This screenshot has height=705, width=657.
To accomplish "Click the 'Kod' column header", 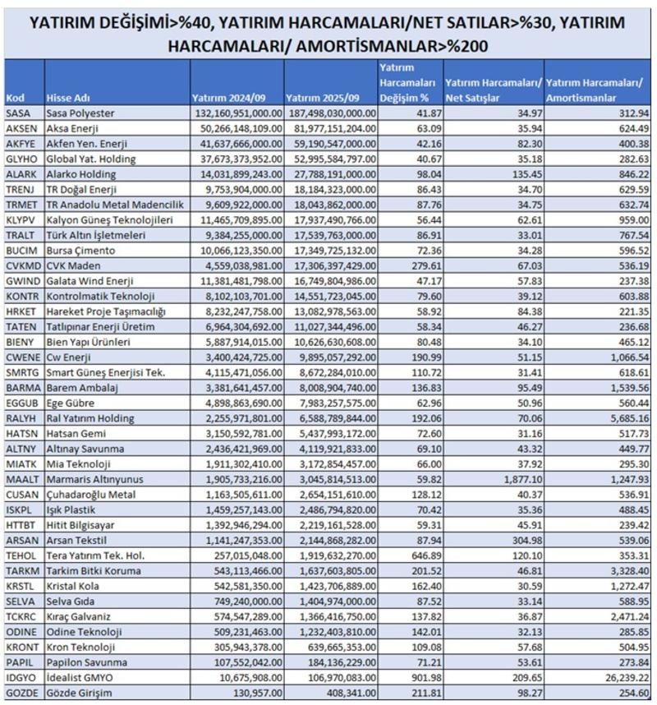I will point(14,97).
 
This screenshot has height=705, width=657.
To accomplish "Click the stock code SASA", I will point(17,113).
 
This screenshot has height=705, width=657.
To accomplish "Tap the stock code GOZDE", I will point(20,693).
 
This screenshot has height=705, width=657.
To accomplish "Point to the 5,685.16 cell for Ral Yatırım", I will point(624,418).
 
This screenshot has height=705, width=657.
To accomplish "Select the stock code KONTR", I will point(20,297).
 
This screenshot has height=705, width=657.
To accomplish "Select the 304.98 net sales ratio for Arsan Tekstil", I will point(522,540).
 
